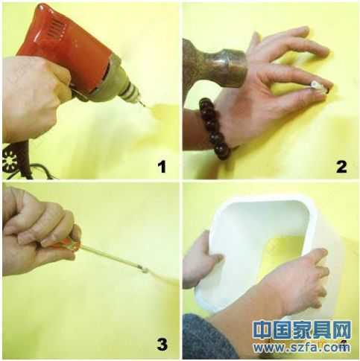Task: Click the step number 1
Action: tap(160, 165)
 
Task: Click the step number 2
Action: tap(341, 165)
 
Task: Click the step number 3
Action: tap(161, 344)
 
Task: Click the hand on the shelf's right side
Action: tap(294, 283)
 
